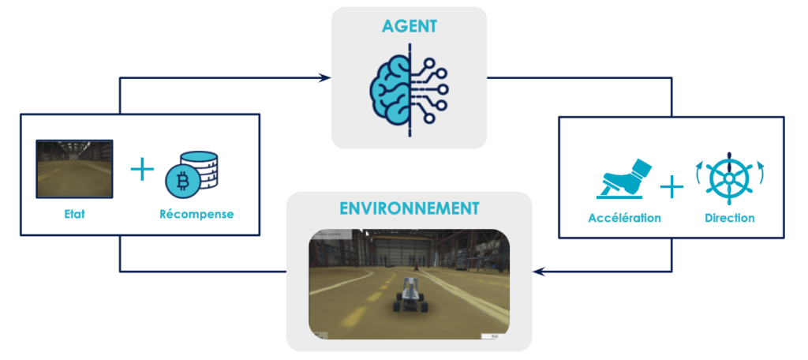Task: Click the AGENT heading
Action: pyautogui.click(x=409, y=26)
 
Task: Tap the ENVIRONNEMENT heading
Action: pyautogui.click(x=409, y=209)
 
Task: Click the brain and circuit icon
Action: pyautogui.click(x=409, y=87)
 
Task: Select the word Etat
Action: pyautogui.click(x=75, y=213)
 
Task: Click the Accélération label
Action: pyautogui.click(x=624, y=218)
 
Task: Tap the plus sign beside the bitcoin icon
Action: pyautogui.click(x=142, y=169)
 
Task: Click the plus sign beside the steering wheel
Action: pyautogui.click(x=671, y=186)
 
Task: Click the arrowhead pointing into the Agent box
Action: pyautogui.click(x=325, y=78)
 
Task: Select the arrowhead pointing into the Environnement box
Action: pyautogui.click(x=538, y=272)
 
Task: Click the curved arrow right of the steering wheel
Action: pyautogui.click(x=761, y=170)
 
